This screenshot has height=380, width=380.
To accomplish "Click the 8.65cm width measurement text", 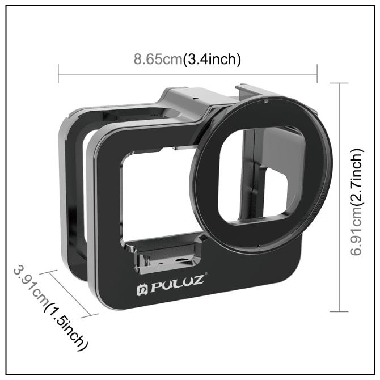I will (x=158, y=59).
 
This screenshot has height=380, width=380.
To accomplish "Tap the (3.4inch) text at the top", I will (x=212, y=59).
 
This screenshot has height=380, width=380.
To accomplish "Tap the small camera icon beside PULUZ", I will (x=142, y=290).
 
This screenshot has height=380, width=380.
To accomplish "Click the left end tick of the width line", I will (x=58, y=73).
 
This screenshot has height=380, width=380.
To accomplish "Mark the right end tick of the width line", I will (x=317, y=73).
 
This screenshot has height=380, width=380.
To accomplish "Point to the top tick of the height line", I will (x=339, y=83).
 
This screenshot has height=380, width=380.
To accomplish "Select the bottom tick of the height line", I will (x=339, y=311).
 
